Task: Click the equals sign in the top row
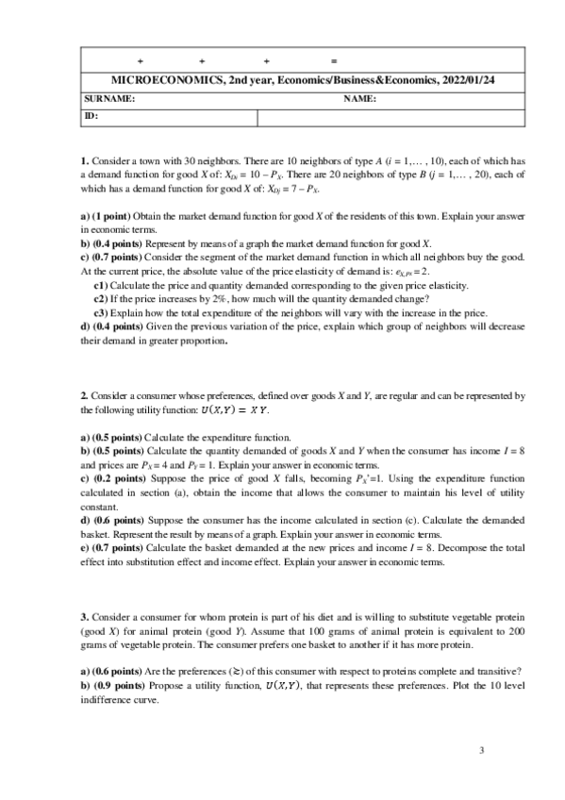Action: pos(334,61)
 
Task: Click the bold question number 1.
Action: pos(84,161)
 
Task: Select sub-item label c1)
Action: pos(102,284)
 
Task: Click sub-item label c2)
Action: pos(102,298)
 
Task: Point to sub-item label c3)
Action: pos(102,312)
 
